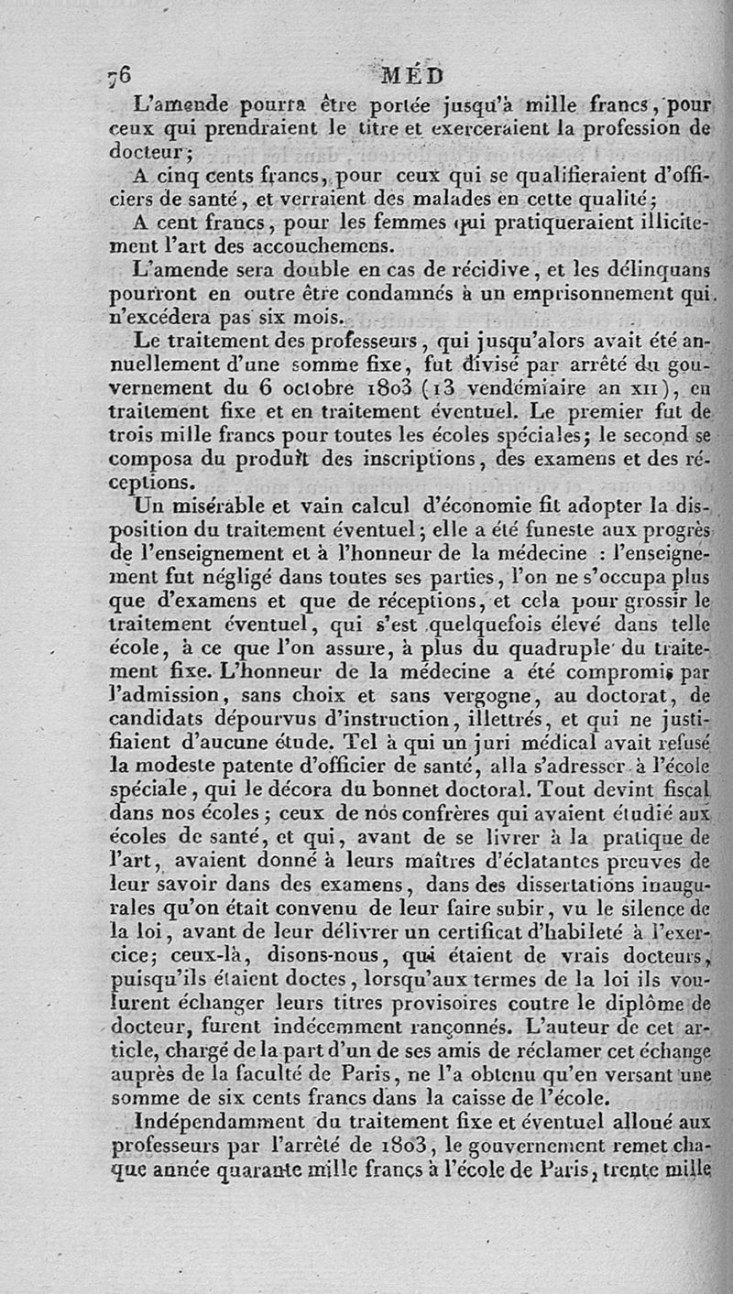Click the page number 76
tap(119, 74)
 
